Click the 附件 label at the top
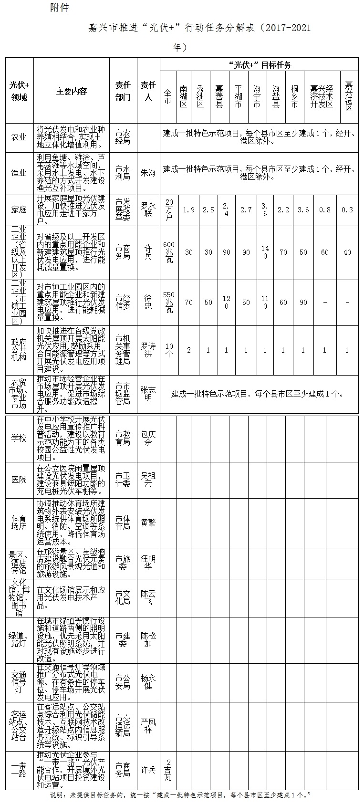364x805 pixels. [x=59, y=8]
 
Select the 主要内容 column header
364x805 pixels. [x=72, y=91]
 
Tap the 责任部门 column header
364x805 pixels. [x=123, y=91]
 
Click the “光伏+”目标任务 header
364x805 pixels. [x=260, y=65]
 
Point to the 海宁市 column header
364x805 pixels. [x=257, y=96]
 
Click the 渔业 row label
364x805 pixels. [x=19, y=173]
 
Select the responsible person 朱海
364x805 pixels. [x=148, y=173]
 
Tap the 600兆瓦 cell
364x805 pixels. [x=168, y=252]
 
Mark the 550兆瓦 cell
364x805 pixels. [x=168, y=302]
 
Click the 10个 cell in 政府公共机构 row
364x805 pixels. [x=168, y=350]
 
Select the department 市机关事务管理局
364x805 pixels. [x=123, y=350]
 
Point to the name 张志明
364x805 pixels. [x=148, y=394]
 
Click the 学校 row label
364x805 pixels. [x=19, y=438]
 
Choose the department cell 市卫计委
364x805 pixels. [x=123, y=480]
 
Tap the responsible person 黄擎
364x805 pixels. [x=148, y=523]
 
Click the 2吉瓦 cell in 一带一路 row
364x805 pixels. [x=168, y=770]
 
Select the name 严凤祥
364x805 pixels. [x=148, y=726]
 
